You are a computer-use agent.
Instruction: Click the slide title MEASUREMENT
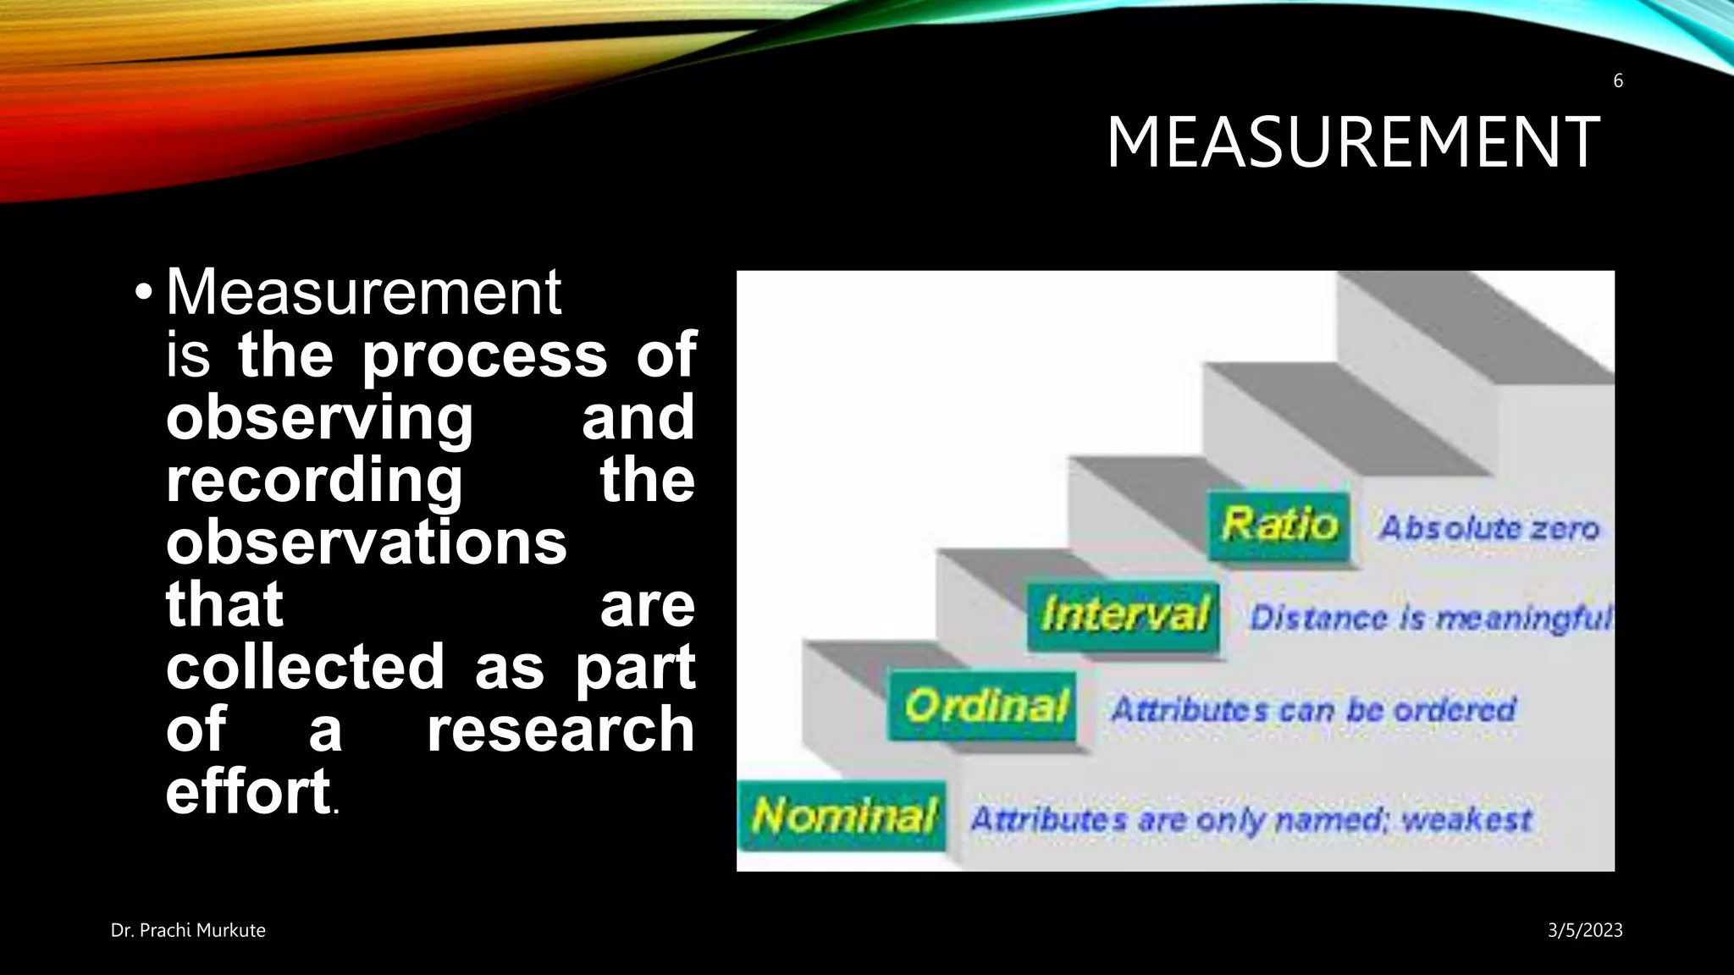click(x=1352, y=142)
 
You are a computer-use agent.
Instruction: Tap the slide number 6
click(x=1618, y=81)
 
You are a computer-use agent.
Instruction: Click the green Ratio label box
click(x=1278, y=525)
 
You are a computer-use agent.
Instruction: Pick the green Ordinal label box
click(x=983, y=706)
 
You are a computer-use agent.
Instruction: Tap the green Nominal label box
click(x=843, y=816)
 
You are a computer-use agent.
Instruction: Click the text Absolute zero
click(x=1489, y=528)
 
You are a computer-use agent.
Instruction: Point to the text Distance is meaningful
click(x=1431, y=618)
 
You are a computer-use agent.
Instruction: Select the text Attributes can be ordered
click(x=1312, y=709)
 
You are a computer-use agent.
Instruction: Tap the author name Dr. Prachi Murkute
click(x=188, y=930)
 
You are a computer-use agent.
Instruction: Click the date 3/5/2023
click(x=1585, y=930)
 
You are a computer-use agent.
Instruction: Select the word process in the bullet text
click(x=484, y=355)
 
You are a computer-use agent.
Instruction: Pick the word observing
click(x=319, y=417)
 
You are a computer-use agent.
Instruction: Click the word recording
click(x=314, y=480)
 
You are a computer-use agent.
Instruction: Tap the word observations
click(x=366, y=543)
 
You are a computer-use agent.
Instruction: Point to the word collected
click(x=305, y=667)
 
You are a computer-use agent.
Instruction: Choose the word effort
click(x=247, y=792)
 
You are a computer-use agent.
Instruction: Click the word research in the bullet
click(x=561, y=730)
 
